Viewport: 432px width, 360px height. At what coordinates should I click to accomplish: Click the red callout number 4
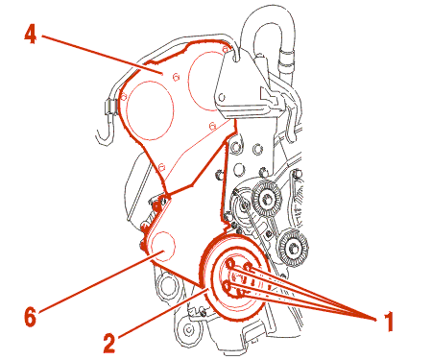pos(31,35)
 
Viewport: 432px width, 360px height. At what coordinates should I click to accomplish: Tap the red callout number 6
pos(30,317)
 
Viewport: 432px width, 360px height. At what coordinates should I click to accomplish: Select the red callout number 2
pos(109,343)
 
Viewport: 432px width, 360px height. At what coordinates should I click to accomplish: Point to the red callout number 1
pos(388,322)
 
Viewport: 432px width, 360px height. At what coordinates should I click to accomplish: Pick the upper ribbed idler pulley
pos(266,199)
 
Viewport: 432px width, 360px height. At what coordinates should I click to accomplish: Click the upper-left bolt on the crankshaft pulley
pos(230,264)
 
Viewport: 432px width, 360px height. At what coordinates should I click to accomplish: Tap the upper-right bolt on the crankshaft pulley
pos(248,267)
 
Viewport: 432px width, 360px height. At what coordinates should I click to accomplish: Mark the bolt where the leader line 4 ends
pos(176,77)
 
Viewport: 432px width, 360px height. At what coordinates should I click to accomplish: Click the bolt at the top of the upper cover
pos(226,49)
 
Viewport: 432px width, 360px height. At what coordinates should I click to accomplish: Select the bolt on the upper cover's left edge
pos(124,95)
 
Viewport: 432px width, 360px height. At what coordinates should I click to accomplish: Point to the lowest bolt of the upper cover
pos(161,167)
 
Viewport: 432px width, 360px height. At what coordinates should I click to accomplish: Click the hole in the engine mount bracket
pos(222,97)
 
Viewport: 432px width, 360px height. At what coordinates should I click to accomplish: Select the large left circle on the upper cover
pos(151,110)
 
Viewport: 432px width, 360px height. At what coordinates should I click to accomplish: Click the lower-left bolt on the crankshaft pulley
pos(228,286)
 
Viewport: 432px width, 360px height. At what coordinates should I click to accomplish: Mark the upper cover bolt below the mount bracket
pos(212,126)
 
